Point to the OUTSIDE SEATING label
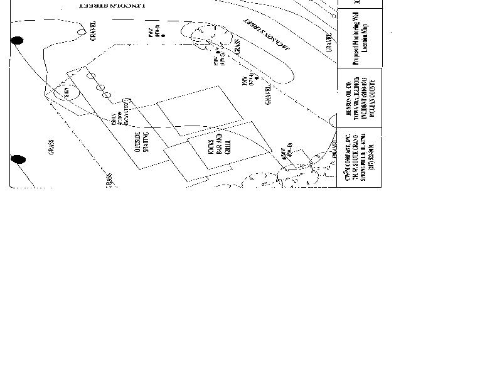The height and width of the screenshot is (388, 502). (142, 142)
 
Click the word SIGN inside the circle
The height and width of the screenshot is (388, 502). (66, 92)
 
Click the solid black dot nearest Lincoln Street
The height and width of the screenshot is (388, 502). (18, 41)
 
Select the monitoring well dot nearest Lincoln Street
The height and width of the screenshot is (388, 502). (163, 36)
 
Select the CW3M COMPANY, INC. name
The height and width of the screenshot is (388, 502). (348, 159)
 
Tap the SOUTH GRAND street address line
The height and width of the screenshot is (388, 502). (356, 159)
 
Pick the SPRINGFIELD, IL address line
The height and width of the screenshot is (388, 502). (364, 159)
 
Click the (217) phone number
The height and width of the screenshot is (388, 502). (372, 159)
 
